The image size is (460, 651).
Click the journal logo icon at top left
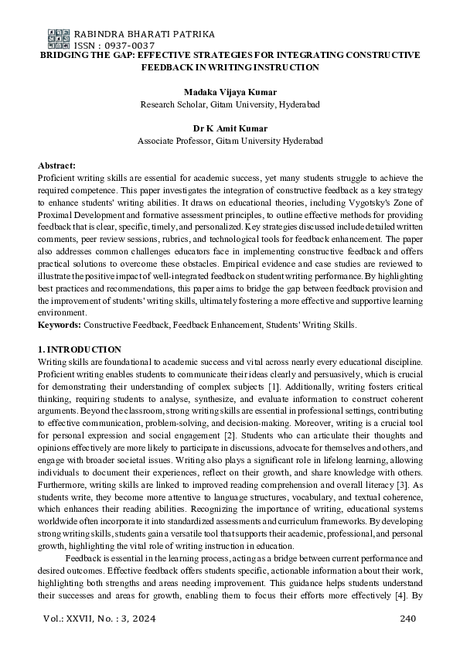click(x=58, y=39)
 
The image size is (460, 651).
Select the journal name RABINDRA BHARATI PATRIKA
click(x=144, y=35)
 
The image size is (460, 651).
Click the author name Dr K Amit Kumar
click(x=230, y=128)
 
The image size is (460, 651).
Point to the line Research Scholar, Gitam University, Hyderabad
click(x=230, y=104)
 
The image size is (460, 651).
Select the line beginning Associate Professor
click(x=230, y=141)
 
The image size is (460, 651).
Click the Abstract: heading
click(x=56, y=166)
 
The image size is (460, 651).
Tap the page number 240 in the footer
click(x=409, y=618)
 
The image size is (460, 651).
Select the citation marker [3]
click(x=416, y=484)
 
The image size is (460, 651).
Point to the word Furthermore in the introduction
click(x=65, y=484)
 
